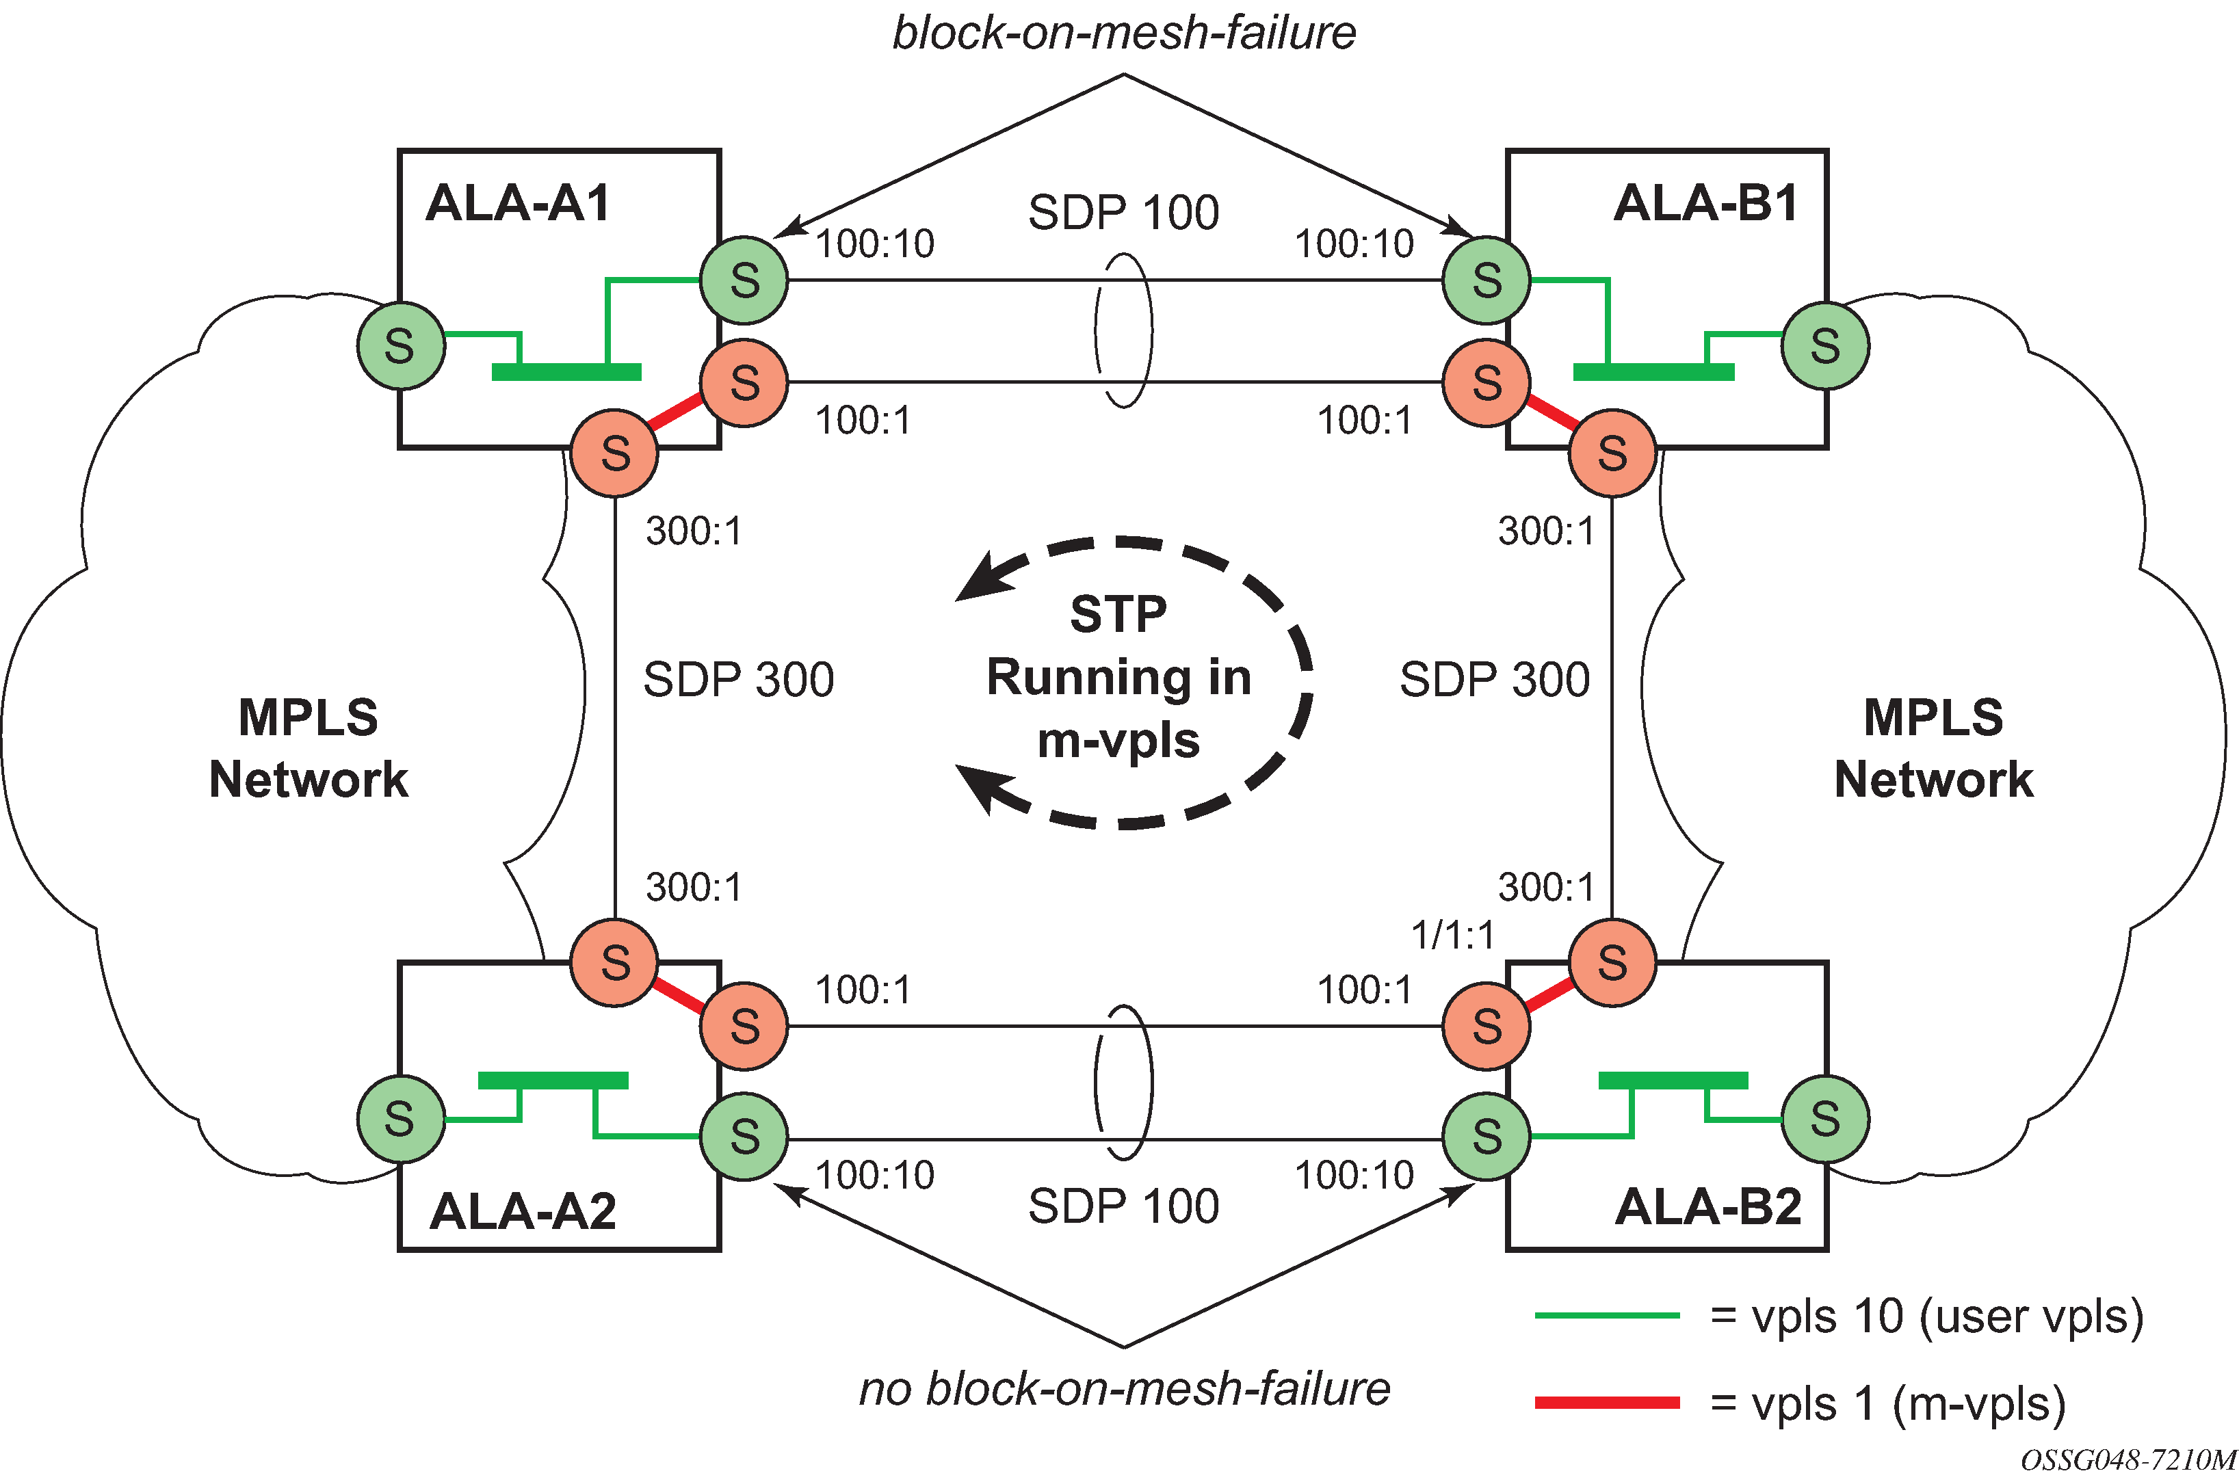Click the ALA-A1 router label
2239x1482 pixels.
point(518,203)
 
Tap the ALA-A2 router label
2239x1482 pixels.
point(523,1210)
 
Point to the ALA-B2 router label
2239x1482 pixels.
point(1708,1207)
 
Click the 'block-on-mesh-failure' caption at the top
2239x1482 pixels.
point(1124,33)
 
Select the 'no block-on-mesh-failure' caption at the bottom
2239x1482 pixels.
point(1124,1388)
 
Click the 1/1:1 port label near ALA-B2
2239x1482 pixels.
point(1453,936)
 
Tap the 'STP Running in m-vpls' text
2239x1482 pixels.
point(1119,677)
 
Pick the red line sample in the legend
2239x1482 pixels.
point(1607,1403)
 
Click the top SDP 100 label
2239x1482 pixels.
point(1124,213)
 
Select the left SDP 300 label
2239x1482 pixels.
point(738,680)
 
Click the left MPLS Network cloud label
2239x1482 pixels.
point(308,747)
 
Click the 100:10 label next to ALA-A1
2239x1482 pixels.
point(874,244)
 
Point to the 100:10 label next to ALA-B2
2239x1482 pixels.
point(1353,1175)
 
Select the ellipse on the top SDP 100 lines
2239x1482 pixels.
point(1124,331)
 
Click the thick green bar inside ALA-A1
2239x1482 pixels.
point(566,373)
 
